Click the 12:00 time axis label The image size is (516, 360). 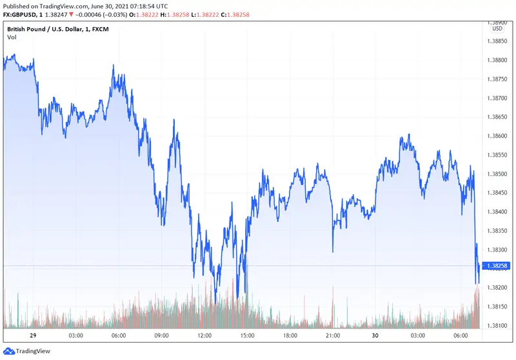pyautogui.click(x=204, y=336)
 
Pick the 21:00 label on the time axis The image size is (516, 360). pyautogui.click(x=333, y=336)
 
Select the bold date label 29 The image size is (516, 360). pyautogui.click(x=33, y=336)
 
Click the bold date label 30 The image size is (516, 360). pyautogui.click(x=375, y=336)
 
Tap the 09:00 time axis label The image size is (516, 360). pyautogui.click(x=161, y=336)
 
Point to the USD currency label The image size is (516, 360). pyautogui.click(x=497, y=28)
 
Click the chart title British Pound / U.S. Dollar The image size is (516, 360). pyautogui.click(x=48, y=28)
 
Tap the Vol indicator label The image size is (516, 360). pyautogui.click(x=12, y=37)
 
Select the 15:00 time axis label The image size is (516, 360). pyautogui.click(x=247, y=336)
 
